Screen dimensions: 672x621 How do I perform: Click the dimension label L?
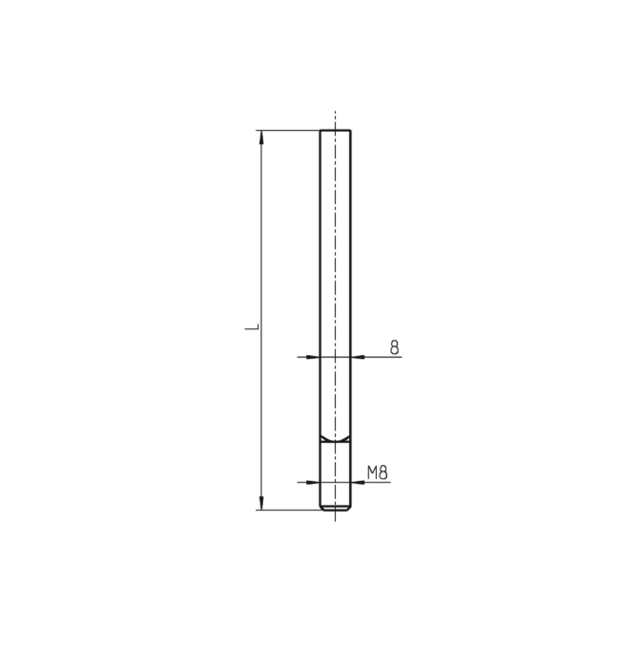252,326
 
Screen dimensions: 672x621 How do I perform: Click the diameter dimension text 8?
394,346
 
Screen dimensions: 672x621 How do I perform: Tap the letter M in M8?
373,471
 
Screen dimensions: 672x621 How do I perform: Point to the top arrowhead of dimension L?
260,136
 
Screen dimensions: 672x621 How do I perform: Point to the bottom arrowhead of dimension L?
260,504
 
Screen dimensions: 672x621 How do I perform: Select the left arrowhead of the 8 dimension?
313,357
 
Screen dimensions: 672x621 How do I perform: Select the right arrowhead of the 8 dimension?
358,357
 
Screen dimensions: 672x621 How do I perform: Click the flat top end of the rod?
336,130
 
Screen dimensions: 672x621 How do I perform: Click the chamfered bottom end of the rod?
336,510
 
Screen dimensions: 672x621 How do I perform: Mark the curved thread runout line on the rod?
336,440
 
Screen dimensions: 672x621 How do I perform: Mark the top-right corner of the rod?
351,131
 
